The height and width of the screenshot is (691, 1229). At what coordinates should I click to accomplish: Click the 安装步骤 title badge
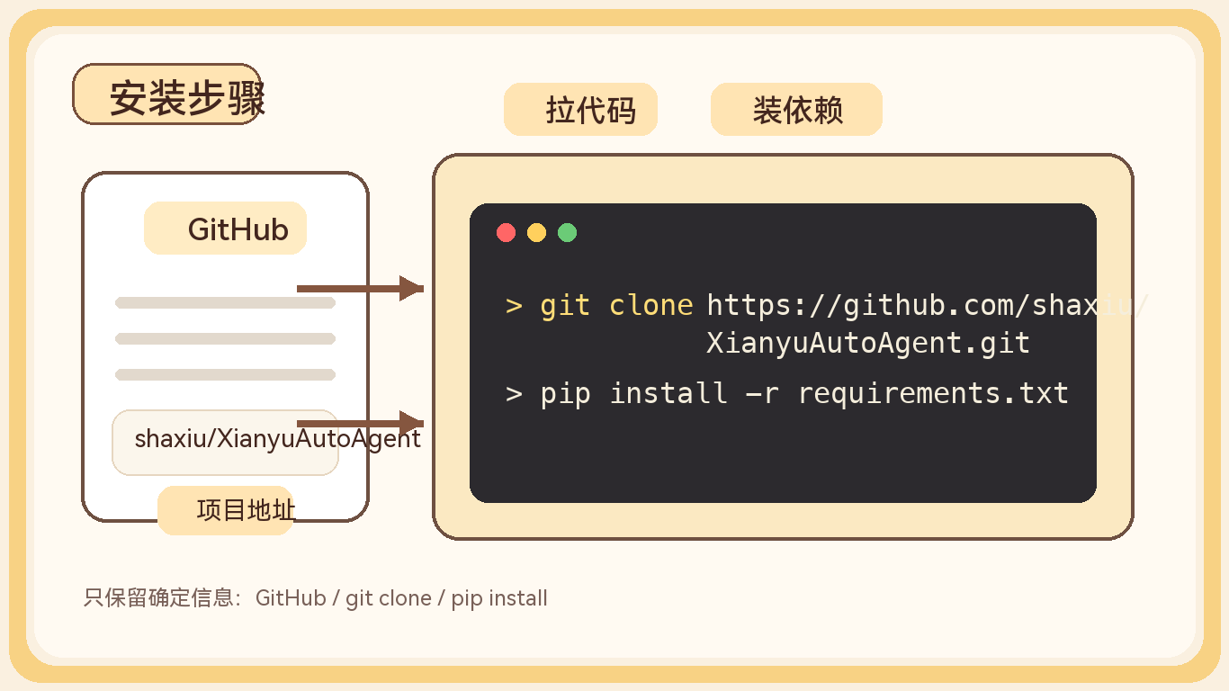[x=167, y=94]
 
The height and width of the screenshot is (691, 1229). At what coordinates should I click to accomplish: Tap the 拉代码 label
[x=580, y=110]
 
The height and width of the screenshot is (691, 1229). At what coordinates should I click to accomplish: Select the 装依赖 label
[x=796, y=110]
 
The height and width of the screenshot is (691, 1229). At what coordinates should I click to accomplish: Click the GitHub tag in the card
[x=226, y=229]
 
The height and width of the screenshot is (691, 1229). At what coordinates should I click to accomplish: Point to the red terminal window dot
[x=507, y=233]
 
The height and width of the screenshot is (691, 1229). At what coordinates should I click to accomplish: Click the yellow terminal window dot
[x=536, y=233]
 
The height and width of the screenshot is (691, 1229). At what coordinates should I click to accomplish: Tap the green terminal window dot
[x=567, y=233]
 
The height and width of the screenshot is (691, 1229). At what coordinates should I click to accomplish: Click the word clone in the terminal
[x=651, y=306]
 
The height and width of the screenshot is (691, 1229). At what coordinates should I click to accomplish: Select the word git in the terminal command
[x=565, y=306]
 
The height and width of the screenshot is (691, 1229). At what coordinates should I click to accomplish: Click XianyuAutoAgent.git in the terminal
[x=867, y=343]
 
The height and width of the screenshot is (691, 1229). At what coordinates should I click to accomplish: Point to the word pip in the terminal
[x=565, y=393]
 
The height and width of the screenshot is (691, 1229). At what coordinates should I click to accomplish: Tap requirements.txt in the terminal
[x=933, y=393]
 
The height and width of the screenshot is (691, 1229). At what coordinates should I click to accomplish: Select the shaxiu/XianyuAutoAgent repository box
[x=225, y=442]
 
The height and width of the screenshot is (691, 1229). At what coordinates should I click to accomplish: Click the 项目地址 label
[x=226, y=511]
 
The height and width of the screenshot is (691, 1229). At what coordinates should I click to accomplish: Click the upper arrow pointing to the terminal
[x=360, y=288]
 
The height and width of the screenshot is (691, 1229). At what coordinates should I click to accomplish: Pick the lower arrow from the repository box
[x=360, y=423]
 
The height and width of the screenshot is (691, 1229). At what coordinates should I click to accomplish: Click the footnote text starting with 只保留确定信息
[x=315, y=598]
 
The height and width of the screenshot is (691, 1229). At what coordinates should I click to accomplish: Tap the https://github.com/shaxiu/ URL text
[x=927, y=306]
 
